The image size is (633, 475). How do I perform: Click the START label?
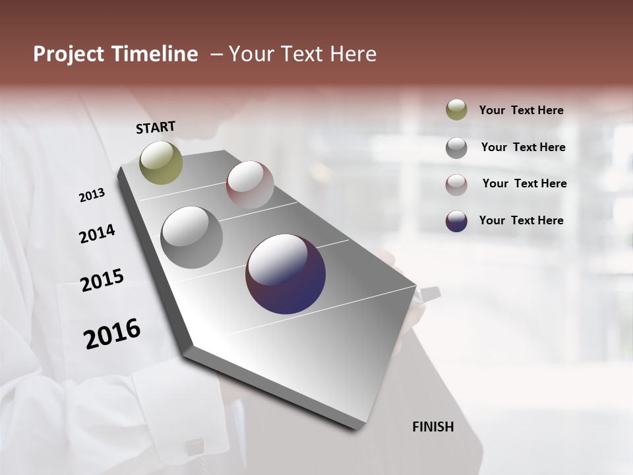156,127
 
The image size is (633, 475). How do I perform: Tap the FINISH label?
433,427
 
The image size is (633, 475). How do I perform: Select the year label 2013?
92,195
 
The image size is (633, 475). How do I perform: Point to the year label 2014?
97,234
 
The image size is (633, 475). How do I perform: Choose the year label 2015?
102,280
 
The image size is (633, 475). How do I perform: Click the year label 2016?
112,334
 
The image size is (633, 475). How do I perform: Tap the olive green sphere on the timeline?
161,163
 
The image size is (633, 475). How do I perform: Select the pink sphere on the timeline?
250,185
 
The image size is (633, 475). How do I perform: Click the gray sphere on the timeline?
192,237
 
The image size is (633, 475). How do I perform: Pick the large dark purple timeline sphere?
286,274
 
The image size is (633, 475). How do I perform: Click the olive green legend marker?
456,110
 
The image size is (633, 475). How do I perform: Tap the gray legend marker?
456,147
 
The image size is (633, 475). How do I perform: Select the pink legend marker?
456,184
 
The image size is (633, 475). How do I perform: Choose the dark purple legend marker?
456,221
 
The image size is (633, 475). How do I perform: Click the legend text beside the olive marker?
521,111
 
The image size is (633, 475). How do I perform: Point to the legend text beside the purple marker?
521,220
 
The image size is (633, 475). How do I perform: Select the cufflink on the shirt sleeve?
194,448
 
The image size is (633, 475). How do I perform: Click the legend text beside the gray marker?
523,147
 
